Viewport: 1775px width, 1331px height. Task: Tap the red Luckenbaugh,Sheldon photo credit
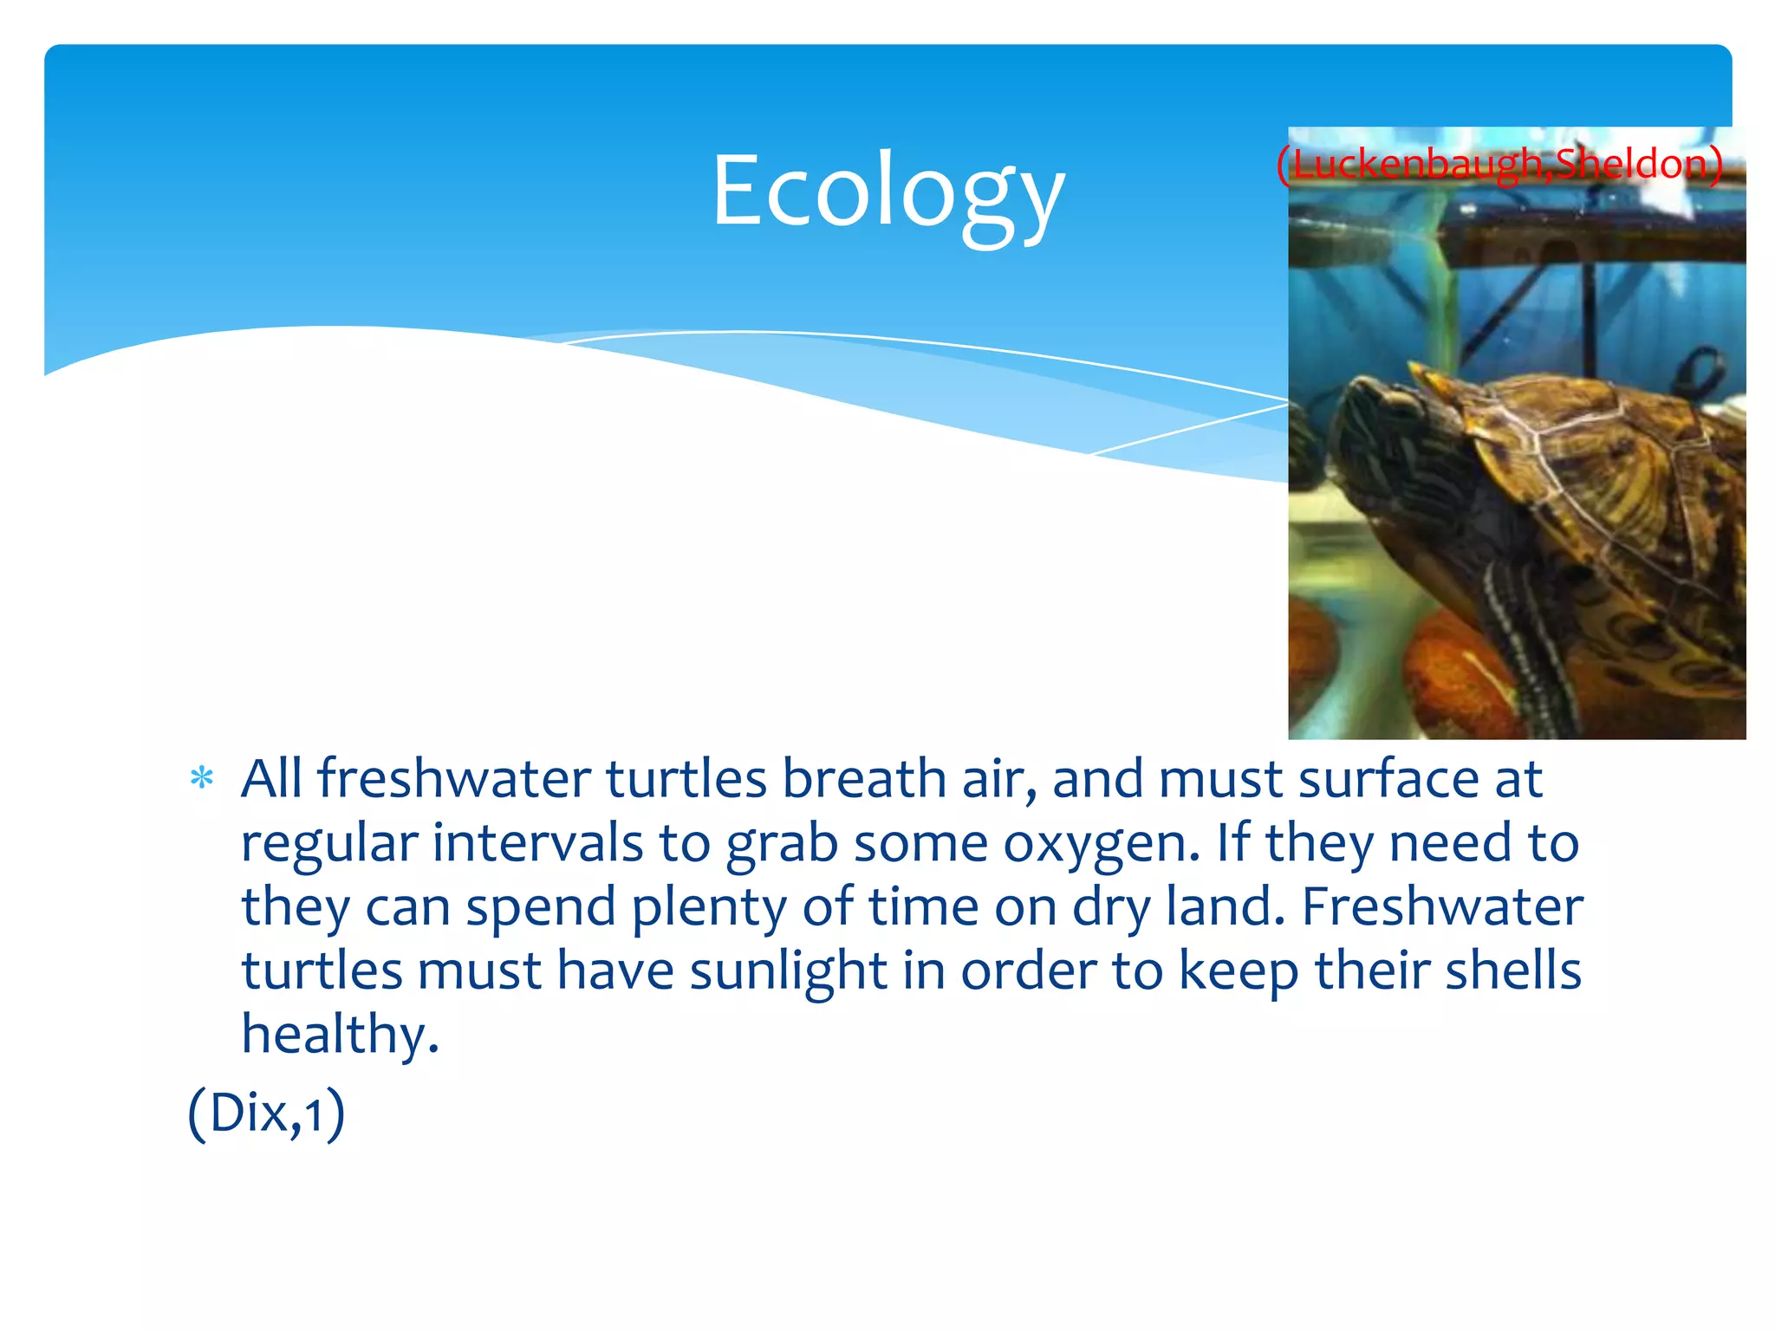click(1499, 164)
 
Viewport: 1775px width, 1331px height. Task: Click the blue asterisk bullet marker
click(202, 777)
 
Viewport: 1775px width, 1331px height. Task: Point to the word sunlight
click(788, 971)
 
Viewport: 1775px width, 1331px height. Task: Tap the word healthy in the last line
click(340, 1035)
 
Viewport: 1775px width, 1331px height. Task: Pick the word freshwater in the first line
click(454, 778)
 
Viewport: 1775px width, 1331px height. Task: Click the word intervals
click(537, 842)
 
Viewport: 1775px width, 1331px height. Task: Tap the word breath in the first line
click(864, 778)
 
